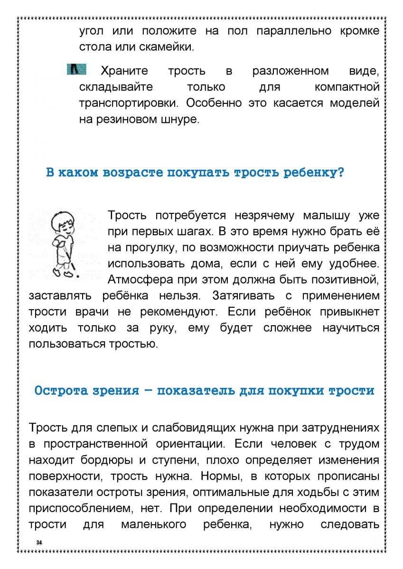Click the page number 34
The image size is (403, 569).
click(39, 542)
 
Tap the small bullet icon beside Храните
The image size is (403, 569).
click(76, 70)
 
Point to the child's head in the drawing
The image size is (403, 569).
click(63, 220)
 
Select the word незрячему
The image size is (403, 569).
click(264, 216)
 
